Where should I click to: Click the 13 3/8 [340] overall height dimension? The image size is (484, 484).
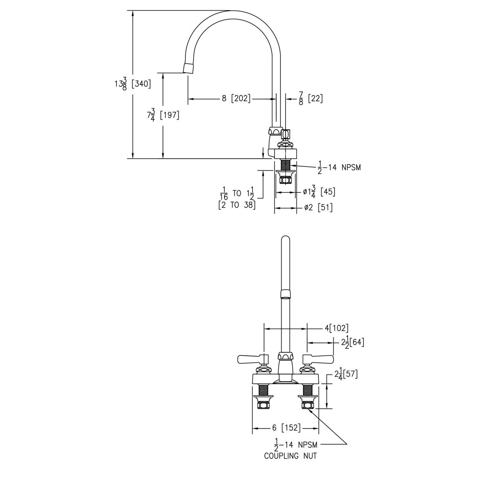pyautogui.click(x=133, y=83)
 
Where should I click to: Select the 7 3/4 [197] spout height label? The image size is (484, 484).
pyautogui.click(x=163, y=115)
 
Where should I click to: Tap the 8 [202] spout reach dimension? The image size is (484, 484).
pyautogui.click(x=236, y=98)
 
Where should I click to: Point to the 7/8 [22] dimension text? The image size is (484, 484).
pyautogui.click(x=311, y=98)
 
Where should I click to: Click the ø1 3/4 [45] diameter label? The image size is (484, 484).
pyautogui.click(x=319, y=192)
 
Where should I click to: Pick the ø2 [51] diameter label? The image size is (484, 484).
pyautogui.click(x=318, y=207)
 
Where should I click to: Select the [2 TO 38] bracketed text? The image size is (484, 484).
pyautogui.click(x=237, y=205)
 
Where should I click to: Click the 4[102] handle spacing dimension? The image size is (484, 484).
pyautogui.click(x=336, y=328)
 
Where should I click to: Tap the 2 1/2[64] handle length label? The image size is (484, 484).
pyautogui.click(x=353, y=342)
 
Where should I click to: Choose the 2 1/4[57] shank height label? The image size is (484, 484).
pyautogui.click(x=346, y=374)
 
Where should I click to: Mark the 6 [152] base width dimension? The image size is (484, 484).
pyautogui.click(x=286, y=428)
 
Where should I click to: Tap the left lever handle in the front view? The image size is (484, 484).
pyautogui.click(x=253, y=359)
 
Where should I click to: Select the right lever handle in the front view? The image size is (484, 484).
pyautogui.click(x=318, y=359)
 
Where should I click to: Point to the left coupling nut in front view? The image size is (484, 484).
pyautogui.click(x=263, y=405)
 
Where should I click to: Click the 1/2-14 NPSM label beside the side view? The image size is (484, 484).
pyautogui.click(x=339, y=167)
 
